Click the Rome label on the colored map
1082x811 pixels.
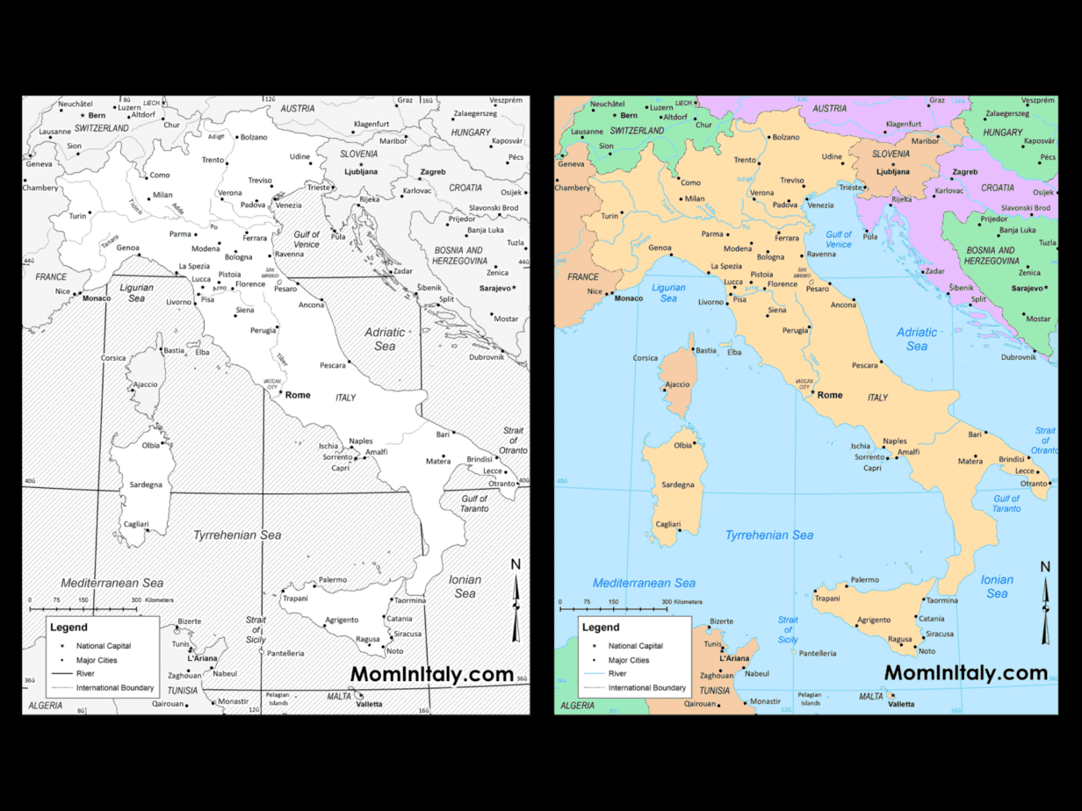(830, 395)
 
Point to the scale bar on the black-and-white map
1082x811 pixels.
(83, 606)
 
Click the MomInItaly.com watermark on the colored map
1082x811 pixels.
(966, 673)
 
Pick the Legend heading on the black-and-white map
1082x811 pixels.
(69, 628)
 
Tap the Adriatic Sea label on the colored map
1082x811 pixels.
(917, 339)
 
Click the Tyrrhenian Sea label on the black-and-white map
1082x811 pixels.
(237, 535)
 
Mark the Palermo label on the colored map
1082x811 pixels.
(865, 579)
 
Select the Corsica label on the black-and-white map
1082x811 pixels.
(113, 358)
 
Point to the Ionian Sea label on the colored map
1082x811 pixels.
(997, 586)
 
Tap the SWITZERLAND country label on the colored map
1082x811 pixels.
(638, 130)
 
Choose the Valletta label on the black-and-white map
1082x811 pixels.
(369, 704)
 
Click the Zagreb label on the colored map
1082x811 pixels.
(965, 172)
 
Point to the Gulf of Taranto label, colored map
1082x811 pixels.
(1006, 504)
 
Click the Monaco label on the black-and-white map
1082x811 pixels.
(97, 298)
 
